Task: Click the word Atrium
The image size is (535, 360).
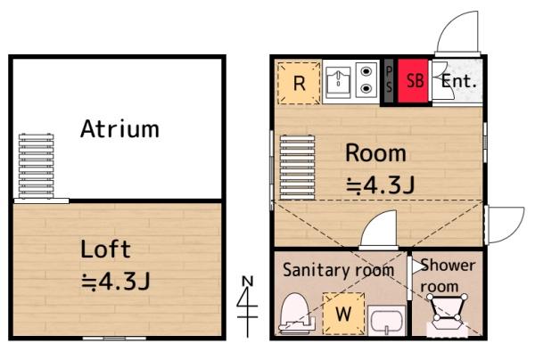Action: (119, 129)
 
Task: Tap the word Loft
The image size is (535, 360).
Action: (105, 249)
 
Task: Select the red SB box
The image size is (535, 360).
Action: (413, 81)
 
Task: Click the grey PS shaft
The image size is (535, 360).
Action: (389, 81)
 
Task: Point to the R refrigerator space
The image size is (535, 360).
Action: (300, 83)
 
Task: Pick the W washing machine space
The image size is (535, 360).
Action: (343, 314)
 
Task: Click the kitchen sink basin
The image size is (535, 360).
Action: (338, 82)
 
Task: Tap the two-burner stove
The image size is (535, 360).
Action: (366, 80)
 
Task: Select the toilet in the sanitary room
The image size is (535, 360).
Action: (295, 314)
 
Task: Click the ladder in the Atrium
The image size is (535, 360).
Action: (37, 166)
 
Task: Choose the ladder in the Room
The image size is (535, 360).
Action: (297, 167)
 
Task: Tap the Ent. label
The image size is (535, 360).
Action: (458, 81)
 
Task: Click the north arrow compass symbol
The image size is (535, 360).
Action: (247, 306)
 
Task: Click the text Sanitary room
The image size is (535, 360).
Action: (339, 270)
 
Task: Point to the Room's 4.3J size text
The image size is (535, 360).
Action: (381, 185)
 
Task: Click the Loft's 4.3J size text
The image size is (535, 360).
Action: (116, 282)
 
